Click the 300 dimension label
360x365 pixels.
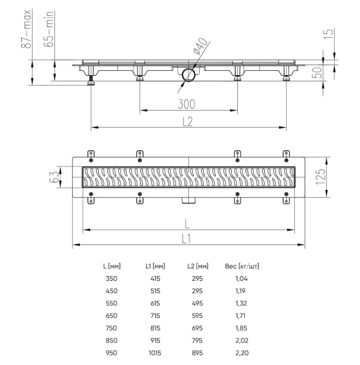click(x=186, y=104)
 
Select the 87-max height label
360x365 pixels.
click(x=26, y=29)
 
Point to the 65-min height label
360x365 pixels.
click(x=49, y=29)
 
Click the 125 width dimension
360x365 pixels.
click(x=321, y=177)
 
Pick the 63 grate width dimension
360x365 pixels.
click(x=54, y=177)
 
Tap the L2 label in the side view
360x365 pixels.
click(x=188, y=121)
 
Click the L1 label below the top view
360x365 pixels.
click(x=186, y=239)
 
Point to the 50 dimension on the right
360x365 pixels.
click(x=317, y=72)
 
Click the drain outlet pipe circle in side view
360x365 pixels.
click(x=188, y=75)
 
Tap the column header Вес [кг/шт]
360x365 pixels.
click(x=242, y=266)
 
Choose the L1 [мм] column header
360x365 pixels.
click(x=155, y=266)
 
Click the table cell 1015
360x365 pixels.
click(x=155, y=353)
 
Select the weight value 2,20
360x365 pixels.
click(x=242, y=353)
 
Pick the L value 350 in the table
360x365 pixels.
click(x=111, y=279)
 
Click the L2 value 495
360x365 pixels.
click(x=197, y=303)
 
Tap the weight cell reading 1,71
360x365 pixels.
click(x=240, y=316)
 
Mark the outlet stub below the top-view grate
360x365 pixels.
click(x=188, y=200)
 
